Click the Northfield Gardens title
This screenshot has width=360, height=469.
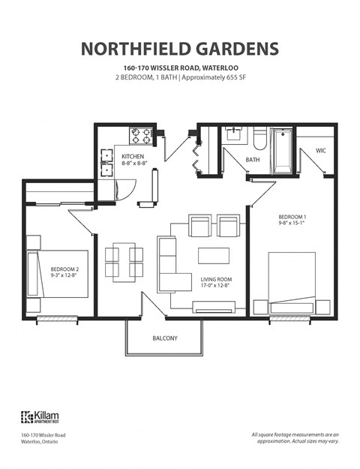[179, 49]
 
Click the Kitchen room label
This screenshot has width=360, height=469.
[134, 157]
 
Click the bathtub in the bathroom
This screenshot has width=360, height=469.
[283, 149]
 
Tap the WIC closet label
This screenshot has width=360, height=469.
[320, 151]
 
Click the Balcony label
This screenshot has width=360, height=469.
[165, 338]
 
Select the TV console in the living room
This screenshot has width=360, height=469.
[214, 306]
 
